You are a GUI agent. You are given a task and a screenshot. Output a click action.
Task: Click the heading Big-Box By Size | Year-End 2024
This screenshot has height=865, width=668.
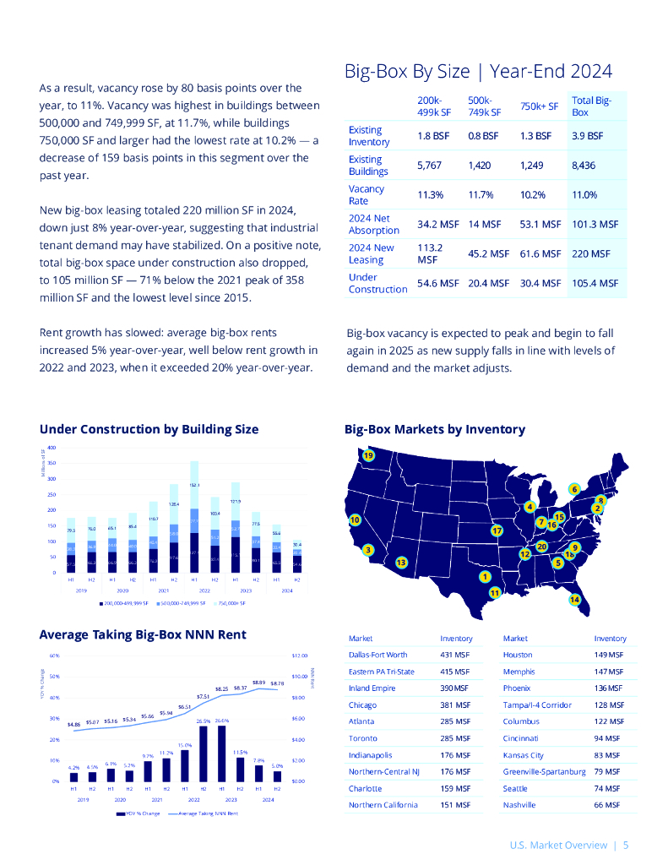point(478,71)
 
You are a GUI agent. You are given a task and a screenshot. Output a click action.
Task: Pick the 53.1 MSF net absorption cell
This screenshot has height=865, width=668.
point(540,224)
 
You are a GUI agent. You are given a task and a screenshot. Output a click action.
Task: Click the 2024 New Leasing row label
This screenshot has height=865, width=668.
point(372,253)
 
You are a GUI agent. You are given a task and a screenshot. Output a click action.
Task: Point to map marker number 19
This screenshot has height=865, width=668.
point(368,456)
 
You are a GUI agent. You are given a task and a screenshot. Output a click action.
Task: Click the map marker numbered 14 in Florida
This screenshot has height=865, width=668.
point(575,599)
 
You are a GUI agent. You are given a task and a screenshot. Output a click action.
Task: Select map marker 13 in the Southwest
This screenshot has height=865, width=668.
point(402,562)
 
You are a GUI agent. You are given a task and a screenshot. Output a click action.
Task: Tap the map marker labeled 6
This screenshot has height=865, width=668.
point(573,489)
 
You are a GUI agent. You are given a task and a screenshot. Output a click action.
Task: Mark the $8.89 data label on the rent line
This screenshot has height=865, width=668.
point(258,682)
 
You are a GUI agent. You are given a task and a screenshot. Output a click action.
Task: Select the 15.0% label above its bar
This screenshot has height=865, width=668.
point(185,745)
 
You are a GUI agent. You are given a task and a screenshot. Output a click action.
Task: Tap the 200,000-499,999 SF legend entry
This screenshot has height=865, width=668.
point(124,604)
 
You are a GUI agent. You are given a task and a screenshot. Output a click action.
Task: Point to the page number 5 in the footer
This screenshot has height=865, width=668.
point(626,844)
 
